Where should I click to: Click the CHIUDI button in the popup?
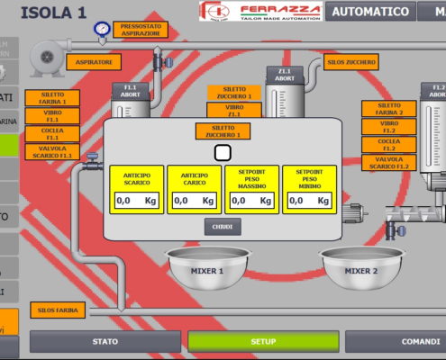coord(223,227)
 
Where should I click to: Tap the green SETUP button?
coord(263,342)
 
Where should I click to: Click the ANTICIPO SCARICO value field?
coord(136,201)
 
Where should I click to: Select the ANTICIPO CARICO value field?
coord(194,201)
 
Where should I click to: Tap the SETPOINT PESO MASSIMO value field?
coord(251,201)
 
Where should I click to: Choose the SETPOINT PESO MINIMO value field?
coord(309,201)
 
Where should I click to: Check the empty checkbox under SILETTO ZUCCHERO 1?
coord(223,152)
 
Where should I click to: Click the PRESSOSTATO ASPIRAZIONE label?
coord(141,30)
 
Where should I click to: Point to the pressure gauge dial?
coord(102,29)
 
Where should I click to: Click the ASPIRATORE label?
coord(94,62)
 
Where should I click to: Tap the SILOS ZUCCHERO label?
coord(351,62)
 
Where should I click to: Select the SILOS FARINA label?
coord(57,310)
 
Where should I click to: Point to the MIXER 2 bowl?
coord(361,267)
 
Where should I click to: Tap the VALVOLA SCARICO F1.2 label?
coord(389,163)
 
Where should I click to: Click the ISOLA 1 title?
coord(53,13)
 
